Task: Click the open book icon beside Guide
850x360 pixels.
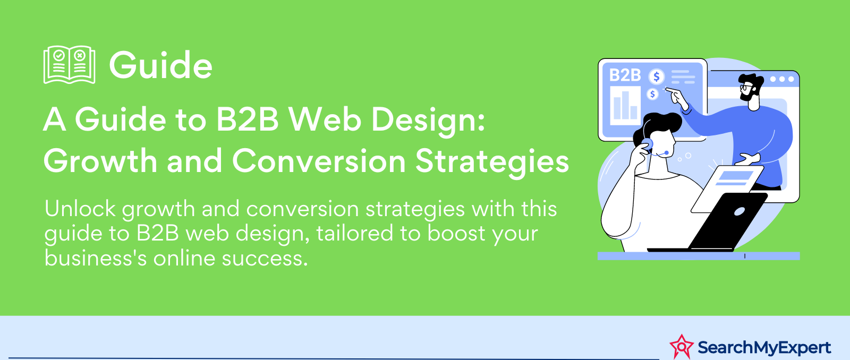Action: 70,64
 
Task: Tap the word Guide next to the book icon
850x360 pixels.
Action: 160,65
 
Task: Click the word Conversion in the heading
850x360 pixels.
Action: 319,161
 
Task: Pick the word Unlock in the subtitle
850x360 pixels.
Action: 80,209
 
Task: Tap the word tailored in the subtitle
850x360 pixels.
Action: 355,233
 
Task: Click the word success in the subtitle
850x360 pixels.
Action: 265,259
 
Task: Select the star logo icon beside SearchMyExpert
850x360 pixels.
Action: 682,346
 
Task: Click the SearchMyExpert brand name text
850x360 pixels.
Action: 764,347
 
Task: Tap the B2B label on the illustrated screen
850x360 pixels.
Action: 625,75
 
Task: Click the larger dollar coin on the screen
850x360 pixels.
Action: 657,76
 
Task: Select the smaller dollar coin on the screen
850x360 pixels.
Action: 652,93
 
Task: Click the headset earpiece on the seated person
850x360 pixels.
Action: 647,144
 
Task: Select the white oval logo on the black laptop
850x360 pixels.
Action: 739,212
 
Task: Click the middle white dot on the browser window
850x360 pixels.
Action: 781,79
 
